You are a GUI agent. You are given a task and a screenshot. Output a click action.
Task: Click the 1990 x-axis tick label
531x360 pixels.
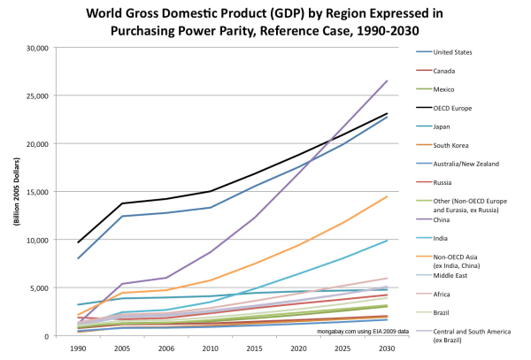[79, 349]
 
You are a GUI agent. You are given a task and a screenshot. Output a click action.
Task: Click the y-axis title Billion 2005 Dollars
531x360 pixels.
[15, 192]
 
